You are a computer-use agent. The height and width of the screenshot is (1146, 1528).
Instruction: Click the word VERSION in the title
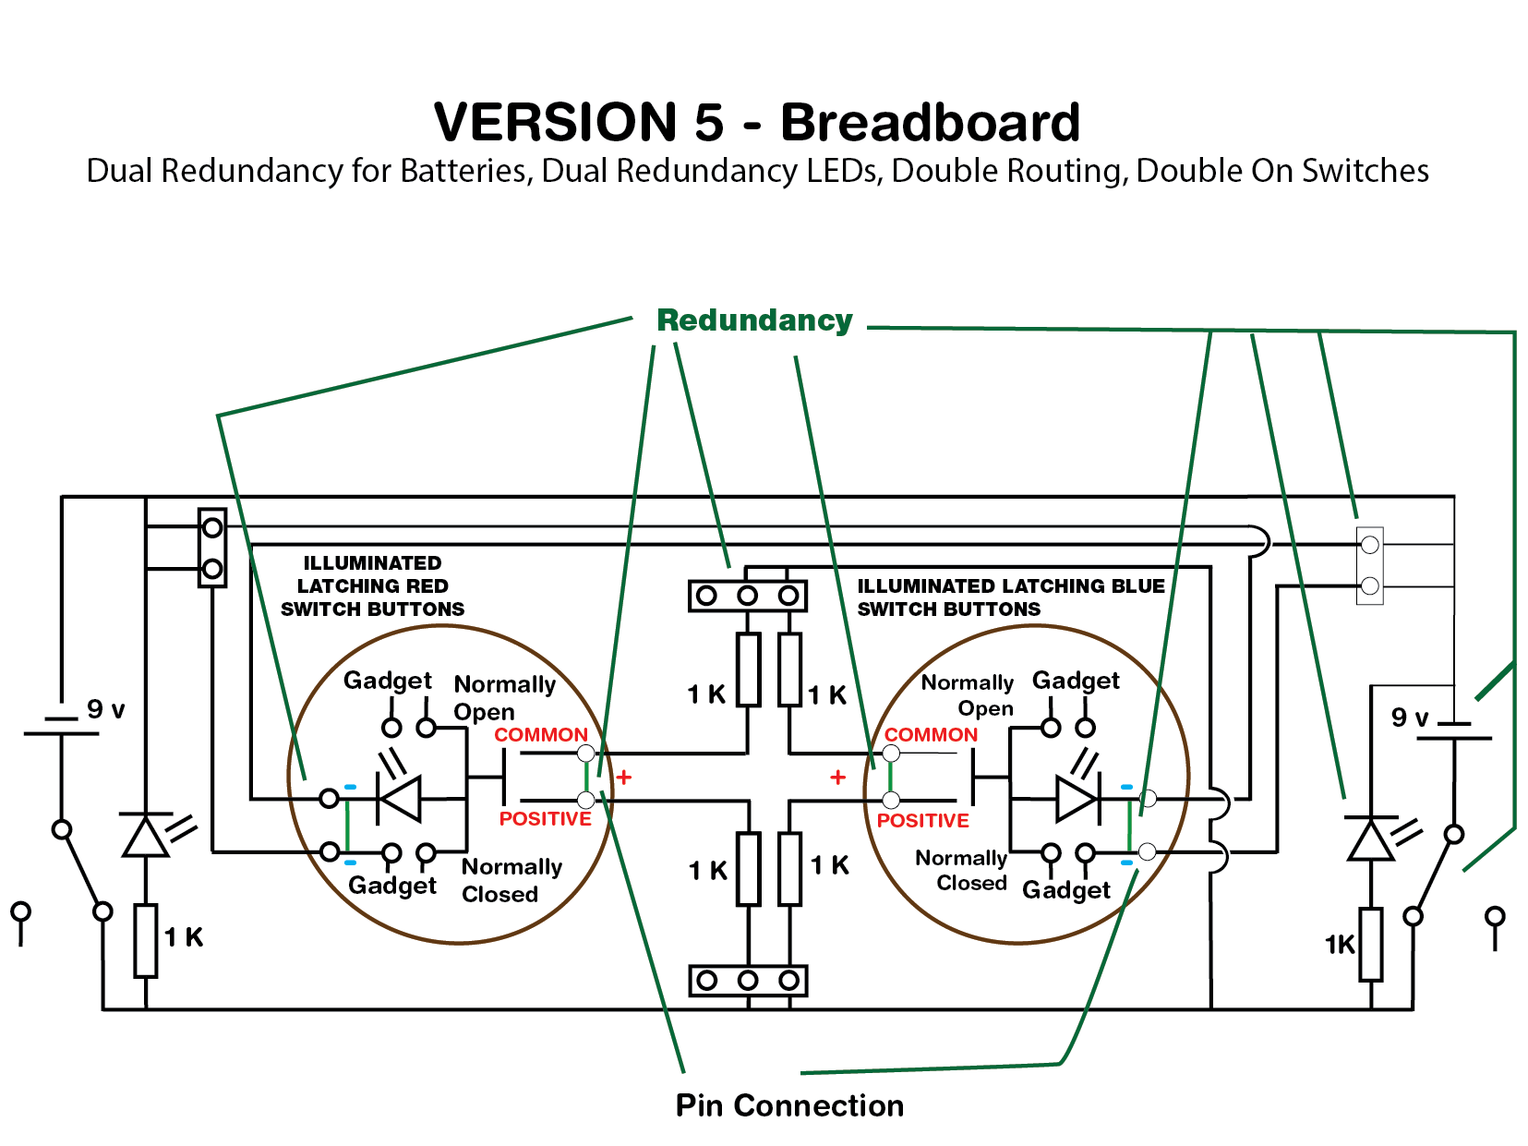556,122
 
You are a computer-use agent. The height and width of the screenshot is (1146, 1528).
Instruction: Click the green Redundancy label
754,320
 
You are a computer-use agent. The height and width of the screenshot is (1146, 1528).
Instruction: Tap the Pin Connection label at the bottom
789,1105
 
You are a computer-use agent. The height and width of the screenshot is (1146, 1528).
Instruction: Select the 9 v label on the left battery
105,709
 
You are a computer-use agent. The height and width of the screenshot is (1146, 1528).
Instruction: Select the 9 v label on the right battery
1409,717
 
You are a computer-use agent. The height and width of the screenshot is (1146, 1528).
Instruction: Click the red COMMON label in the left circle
540,735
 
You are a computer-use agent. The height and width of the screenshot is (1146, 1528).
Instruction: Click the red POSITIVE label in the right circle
922,820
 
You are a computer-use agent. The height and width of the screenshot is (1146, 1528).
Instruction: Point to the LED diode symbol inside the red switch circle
400,798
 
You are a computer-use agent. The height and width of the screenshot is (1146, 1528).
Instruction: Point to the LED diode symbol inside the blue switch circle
1077,798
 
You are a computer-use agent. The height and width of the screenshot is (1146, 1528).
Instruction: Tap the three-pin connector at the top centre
748,596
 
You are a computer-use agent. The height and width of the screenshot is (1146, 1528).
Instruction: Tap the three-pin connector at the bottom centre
748,980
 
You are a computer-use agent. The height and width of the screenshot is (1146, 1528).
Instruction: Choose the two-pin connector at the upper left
212,548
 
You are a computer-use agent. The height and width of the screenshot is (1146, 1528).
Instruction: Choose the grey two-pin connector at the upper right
1369,565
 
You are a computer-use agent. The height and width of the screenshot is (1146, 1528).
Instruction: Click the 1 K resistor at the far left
146,940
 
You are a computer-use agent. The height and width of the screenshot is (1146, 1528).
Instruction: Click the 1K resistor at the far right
1371,944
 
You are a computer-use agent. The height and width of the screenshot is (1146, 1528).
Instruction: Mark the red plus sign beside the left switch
624,778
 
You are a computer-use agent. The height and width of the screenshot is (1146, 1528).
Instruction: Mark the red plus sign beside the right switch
837,778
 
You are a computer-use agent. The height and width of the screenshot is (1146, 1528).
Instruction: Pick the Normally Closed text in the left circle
511,880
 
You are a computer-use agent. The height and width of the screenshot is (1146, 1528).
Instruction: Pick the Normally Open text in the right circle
968,695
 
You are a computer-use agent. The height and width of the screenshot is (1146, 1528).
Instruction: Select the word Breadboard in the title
930,122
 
